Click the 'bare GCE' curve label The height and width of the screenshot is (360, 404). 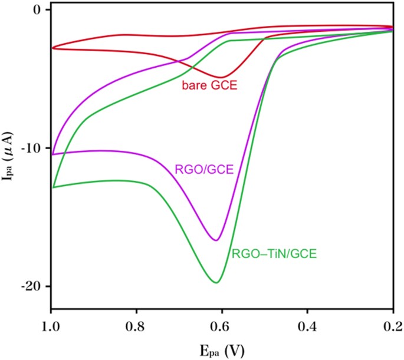click(x=209, y=86)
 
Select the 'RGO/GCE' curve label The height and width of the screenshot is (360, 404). click(x=205, y=170)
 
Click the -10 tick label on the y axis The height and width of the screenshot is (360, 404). click(x=30, y=148)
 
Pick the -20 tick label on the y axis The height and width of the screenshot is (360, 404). click(x=30, y=286)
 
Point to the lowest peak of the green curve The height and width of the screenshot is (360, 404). click(x=216, y=283)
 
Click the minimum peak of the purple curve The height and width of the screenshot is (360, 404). click(x=216, y=240)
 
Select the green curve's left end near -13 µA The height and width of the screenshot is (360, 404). click(x=52, y=187)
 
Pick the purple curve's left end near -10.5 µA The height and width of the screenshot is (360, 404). click(x=52, y=154)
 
